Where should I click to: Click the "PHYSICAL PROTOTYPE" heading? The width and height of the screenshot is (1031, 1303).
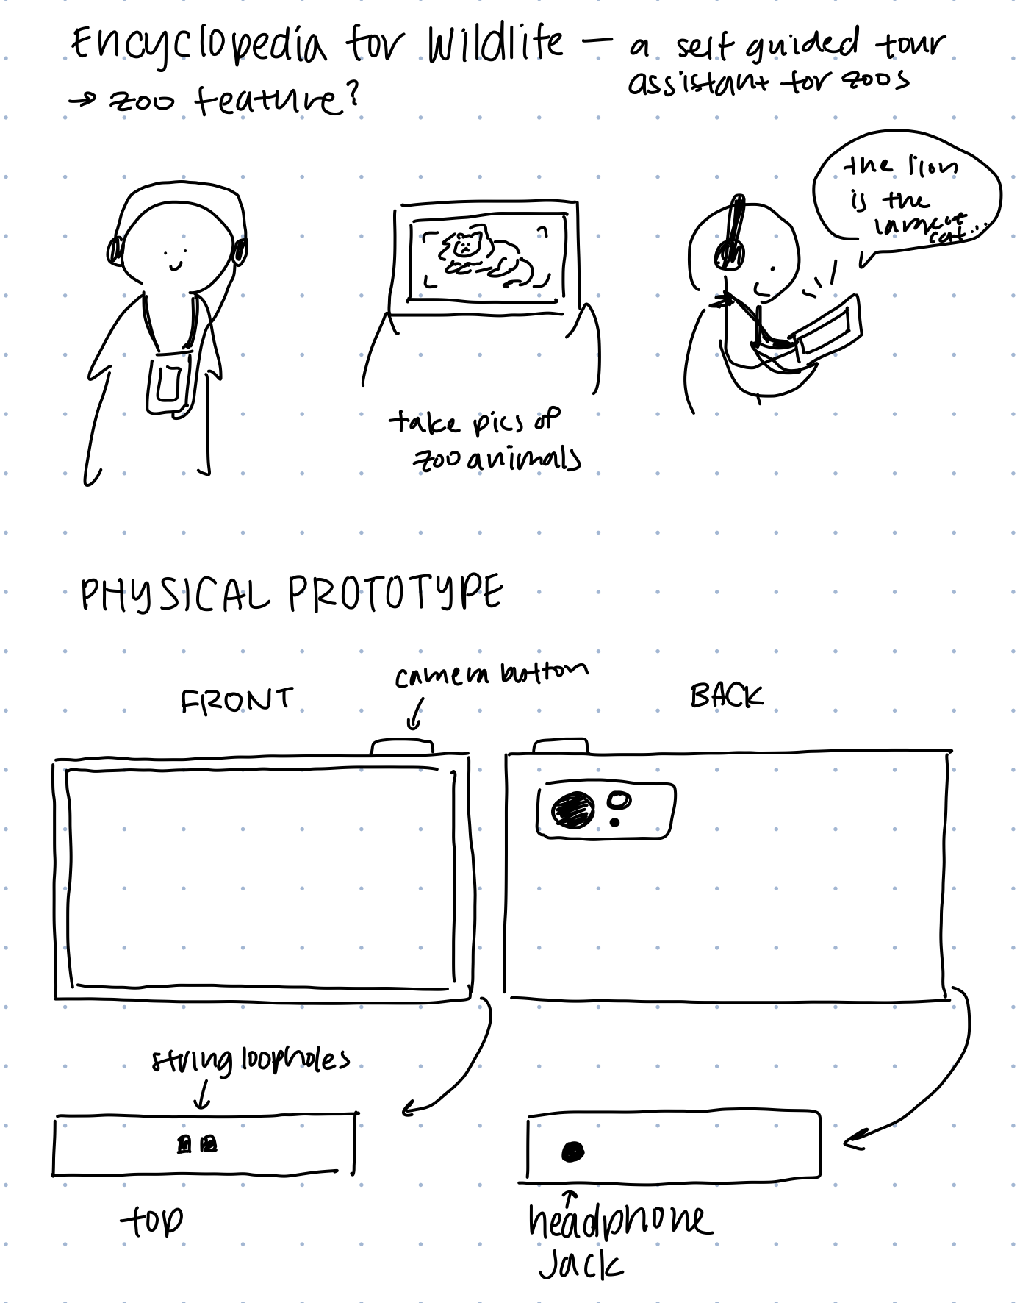[292, 594]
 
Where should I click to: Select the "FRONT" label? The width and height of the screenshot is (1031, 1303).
[236, 699]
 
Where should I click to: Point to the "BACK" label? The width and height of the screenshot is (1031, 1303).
[726, 695]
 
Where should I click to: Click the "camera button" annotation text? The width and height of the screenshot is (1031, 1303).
[491, 673]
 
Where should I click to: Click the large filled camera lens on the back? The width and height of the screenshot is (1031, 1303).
[574, 810]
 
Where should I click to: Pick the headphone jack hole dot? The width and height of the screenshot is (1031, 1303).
[572, 1152]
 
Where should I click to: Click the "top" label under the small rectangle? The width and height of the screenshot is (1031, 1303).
[152, 1221]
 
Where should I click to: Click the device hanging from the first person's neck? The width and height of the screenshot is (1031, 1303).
[170, 383]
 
